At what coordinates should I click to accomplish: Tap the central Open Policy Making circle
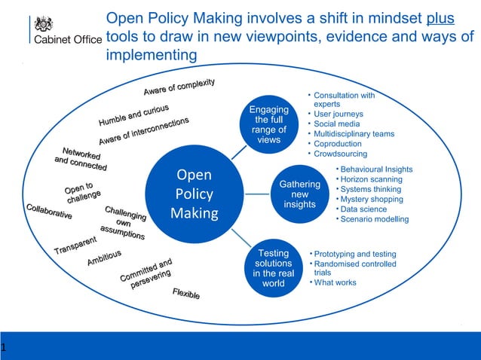194,194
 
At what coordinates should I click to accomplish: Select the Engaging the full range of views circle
269,125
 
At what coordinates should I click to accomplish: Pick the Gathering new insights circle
299,194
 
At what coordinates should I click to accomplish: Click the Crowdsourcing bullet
341,154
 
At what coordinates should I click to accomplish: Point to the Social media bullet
336,124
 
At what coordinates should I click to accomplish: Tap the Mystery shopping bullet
372,200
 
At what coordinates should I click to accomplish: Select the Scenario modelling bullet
375,219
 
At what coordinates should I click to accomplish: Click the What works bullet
335,283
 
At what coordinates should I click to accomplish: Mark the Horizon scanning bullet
371,180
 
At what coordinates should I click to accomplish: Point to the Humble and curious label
133,114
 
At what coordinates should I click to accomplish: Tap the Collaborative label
49,212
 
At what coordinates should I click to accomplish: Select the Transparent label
75,245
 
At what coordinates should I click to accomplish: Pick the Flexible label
186,294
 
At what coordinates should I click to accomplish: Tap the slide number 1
4,348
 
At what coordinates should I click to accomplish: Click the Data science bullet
363,209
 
